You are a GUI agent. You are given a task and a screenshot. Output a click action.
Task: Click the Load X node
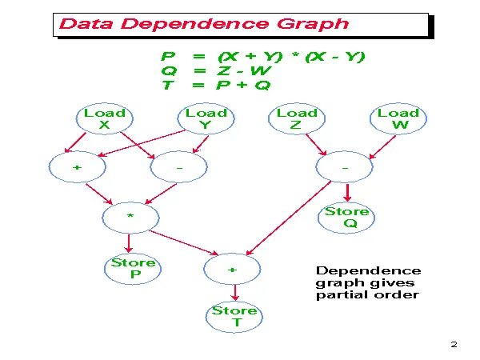click(104, 119)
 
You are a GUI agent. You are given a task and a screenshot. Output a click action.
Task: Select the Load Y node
click(206, 119)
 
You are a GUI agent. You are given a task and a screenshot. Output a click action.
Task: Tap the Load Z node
click(297, 119)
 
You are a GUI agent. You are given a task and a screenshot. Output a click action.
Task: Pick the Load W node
click(398, 119)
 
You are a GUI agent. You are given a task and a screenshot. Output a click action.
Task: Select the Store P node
click(133, 269)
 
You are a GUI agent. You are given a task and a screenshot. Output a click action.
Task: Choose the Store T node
click(234, 316)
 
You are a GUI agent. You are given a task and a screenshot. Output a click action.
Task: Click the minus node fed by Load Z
click(345, 169)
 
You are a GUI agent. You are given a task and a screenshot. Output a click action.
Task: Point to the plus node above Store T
click(233, 270)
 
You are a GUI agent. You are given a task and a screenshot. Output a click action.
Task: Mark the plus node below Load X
click(78, 169)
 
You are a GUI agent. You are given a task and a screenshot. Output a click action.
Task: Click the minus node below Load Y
click(178, 169)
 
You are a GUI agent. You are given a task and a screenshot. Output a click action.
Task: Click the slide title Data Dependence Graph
click(204, 23)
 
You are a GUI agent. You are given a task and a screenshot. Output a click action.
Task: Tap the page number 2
click(454, 345)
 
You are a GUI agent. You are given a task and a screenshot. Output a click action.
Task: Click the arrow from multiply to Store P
click(129, 242)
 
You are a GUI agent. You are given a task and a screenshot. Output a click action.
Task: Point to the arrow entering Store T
click(233, 293)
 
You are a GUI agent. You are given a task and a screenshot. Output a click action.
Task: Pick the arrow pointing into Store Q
click(348, 193)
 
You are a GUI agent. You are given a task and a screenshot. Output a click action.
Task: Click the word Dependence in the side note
click(368, 270)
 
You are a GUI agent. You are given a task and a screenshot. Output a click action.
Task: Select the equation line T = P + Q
click(216, 86)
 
